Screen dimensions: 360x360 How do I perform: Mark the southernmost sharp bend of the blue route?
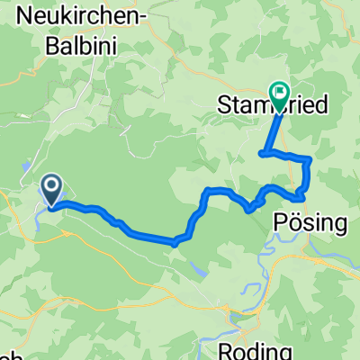pos(175,241)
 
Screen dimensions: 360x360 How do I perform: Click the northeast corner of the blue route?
pos(310,159)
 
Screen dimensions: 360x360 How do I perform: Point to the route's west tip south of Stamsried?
pos(262,154)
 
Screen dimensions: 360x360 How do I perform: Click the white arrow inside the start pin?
pos(51,187)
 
